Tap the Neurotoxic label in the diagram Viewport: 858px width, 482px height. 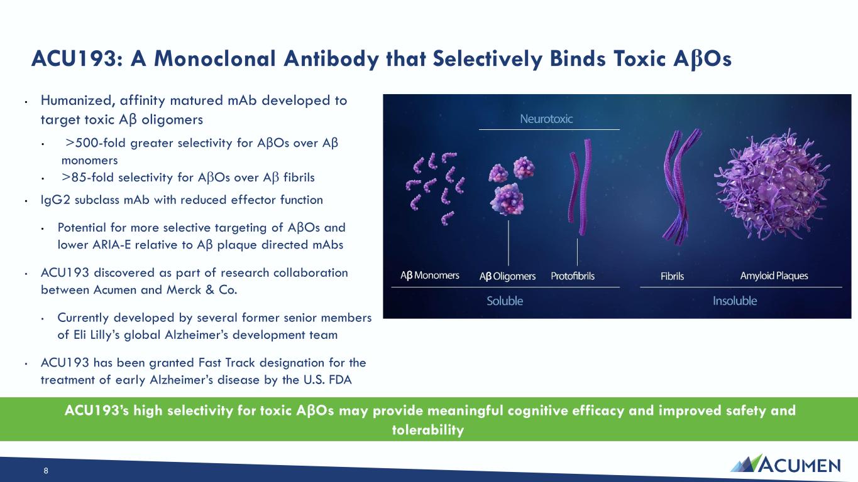pyautogui.click(x=546, y=119)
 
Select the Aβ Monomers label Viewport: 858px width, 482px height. pyautogui.click(x=430, y=276)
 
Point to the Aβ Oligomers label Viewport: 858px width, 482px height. pyautogui.click(x=507, y=276)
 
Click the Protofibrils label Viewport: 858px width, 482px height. pyautogui.click(x=573, y=276)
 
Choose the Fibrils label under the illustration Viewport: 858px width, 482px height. pyautogui.click(x=672, y=276)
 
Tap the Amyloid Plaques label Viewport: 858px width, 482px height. pyautogui.click(x=774, y=276)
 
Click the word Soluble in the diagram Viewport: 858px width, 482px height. pyautogui.click(x=505, y=301)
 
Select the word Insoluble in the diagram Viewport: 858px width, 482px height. pyautogui.click(x=735, y=301)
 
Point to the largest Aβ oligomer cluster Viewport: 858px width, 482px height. pyautogui.click(x=507, y=200)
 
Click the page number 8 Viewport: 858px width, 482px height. pyautogui.click(x=46, y=471)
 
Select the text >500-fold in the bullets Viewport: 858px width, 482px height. pyautogui.click(x=96, y=143)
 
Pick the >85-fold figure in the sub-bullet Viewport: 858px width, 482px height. pyautogui.click(x=88, y=178)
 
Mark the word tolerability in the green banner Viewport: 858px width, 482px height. pyautogui.click(x=428, y=430)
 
